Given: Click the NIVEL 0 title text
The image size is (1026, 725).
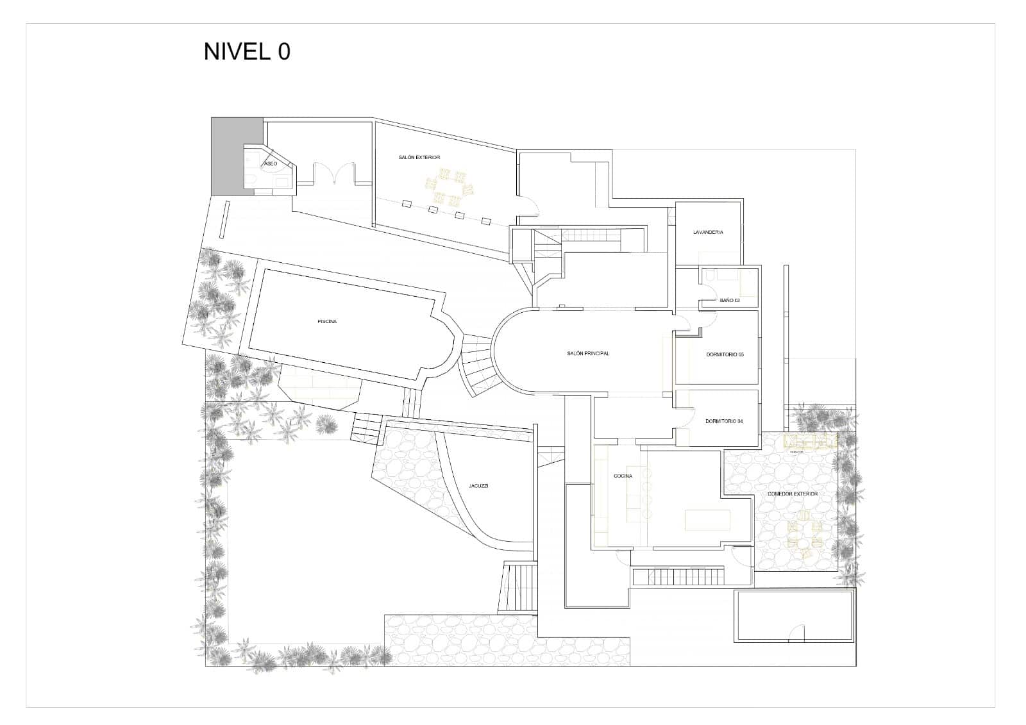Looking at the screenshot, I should point(247,51).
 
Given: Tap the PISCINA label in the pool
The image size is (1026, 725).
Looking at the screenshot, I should point(327,322).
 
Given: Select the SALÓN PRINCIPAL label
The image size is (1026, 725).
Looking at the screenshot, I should point(588,353).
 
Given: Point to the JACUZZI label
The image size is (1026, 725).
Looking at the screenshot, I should point(478,486).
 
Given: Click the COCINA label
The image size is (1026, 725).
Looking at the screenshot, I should point(623,476).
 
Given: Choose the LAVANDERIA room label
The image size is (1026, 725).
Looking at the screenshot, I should point(708,232).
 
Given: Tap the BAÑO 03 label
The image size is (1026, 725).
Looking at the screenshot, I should point(730,300).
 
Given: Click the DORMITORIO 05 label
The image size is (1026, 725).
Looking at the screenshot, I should point(725,354).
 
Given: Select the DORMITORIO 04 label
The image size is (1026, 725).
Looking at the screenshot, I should point(724,421).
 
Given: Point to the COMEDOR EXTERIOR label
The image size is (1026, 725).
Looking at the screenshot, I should point(793,494).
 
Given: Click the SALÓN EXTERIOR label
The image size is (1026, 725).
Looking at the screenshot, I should point(419,157).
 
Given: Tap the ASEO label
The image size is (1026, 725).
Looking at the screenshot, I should point(271,164).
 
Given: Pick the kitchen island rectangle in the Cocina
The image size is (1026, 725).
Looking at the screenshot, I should point(707,520).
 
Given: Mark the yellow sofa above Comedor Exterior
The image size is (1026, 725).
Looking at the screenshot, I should point(811,442).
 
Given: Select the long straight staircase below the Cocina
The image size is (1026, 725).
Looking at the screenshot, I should point(680,577).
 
